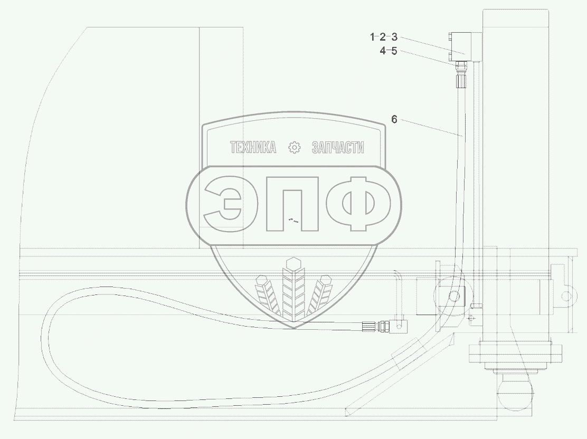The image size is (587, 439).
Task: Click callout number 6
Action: tap(394, 119)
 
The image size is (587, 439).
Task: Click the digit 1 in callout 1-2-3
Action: tap(373, 37)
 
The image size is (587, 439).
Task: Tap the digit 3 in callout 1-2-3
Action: tap(394, 37)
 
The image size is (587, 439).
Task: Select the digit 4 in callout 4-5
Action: tap(383, 51)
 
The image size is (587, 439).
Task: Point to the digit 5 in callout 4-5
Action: tap(394, 51)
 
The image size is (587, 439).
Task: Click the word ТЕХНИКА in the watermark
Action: tap(253, 147)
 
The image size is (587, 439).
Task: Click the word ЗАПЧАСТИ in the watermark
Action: tap(338, 147)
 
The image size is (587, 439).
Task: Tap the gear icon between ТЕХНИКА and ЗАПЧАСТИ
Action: tap(294, 147)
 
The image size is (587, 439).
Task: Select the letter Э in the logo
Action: tap(222, 204)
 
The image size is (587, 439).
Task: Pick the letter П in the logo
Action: tap(292, 204)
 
